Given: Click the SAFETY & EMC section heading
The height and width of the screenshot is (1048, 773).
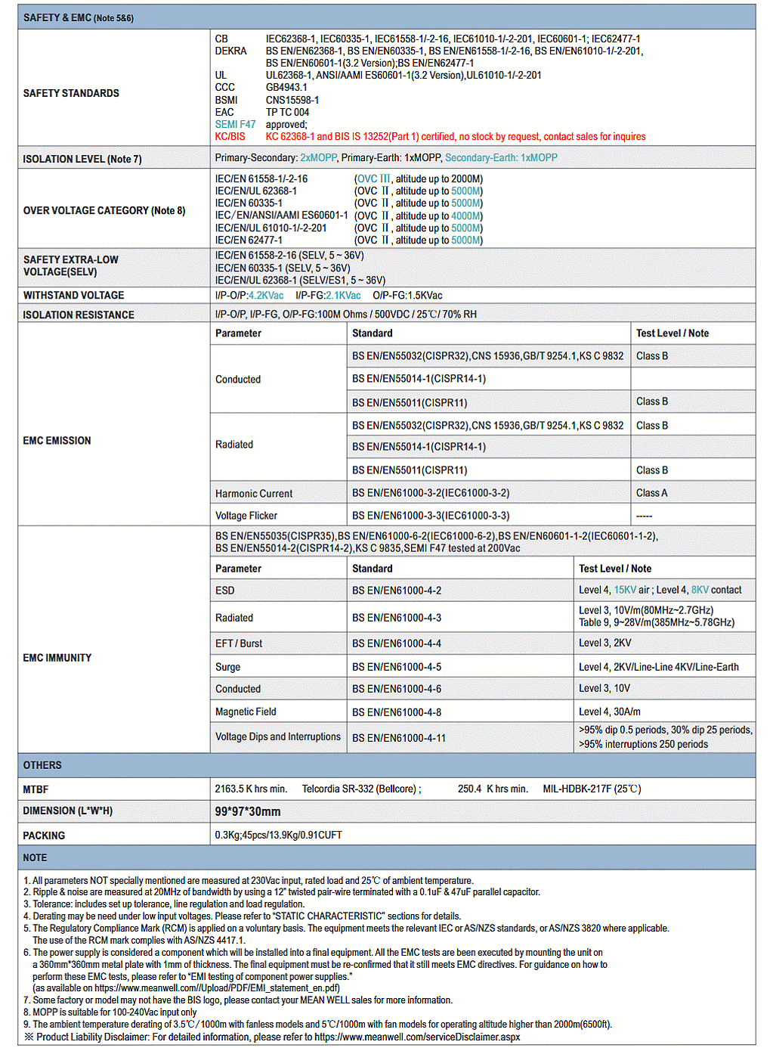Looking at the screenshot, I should [x=78, y=17].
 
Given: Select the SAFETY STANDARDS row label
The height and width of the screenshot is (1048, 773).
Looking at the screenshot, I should [x=71, y=93].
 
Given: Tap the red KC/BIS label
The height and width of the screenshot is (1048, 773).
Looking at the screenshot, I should [x=230, y=137].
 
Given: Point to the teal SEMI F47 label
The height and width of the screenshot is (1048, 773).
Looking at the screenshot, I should [x=235, y=124].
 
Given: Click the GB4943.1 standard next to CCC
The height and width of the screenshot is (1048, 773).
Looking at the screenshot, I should [x=286, y=88].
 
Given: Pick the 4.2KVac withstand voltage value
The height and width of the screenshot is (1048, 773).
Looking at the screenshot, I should [x=266, y=296].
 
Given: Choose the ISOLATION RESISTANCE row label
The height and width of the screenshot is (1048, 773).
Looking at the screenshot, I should [x=79, y=315].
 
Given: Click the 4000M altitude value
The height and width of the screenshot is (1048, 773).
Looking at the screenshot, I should [x=466, y=215].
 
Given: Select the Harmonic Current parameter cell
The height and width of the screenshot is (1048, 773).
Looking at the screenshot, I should [x=254, y=494].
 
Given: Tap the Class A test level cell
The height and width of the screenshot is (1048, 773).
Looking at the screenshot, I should [x=651, y=493].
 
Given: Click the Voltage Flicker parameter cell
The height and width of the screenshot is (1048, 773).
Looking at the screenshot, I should [x=246, y=516].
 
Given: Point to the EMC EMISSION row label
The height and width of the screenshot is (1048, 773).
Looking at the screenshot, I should [x=57, y=441].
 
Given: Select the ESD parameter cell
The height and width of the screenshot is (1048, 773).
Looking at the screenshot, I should [x=224, y=591].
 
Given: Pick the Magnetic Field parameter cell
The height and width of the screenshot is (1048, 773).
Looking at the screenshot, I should [x=246, y=712].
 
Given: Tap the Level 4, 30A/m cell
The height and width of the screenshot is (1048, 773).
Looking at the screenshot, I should [x=609, y=712].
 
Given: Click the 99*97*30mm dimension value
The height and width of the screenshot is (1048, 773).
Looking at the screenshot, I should [x=248, y=811].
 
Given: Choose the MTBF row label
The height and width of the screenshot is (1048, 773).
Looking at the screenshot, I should [x=36, y=789].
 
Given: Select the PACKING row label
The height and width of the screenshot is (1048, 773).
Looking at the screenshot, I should [x=44, y=836].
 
